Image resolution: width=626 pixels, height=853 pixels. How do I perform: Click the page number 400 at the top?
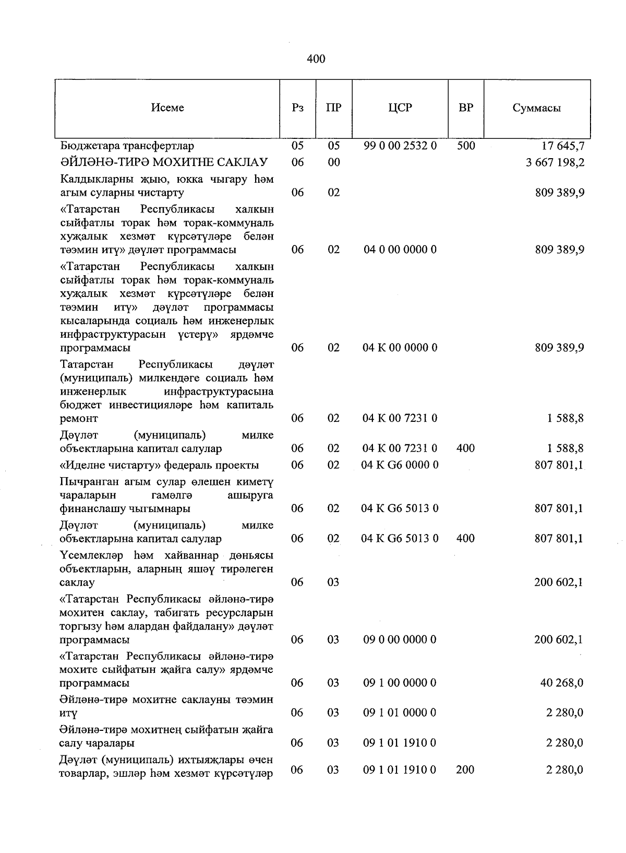[x=316, y=59]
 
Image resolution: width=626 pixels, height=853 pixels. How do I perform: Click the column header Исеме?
[x=167, y=108]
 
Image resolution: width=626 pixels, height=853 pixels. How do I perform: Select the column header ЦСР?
[x=400, y=108]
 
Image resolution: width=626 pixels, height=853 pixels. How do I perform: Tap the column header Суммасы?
[x=536, y=108]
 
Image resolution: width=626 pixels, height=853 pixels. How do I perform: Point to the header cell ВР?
[x=466, y=108]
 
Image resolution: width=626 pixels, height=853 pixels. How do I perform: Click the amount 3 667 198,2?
[x=555, y=162]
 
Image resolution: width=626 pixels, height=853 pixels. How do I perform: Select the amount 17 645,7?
[x=562, y=146]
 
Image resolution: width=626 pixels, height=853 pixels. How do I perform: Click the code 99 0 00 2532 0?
[x=400, y=146]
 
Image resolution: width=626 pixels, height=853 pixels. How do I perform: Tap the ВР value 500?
[x=466, y=146]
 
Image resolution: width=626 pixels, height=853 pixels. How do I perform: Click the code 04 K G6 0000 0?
[x=400, y=465]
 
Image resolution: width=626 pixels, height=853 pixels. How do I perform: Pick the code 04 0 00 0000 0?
[x=400, y=250]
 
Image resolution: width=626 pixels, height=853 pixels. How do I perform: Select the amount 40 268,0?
[x=562, y=683]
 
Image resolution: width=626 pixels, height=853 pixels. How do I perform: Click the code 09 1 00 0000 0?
[x=400, y=683]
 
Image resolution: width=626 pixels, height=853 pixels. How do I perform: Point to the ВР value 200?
[x=465, y=769]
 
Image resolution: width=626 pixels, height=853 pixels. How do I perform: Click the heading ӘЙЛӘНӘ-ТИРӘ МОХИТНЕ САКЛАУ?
[x=164, y=162]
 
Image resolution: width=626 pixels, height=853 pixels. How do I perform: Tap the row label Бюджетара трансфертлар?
[x=127, y=146]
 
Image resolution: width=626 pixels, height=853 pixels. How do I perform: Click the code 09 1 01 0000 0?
[x=400, y=713]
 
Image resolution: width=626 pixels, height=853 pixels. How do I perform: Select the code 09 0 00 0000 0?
[x=400, y=639]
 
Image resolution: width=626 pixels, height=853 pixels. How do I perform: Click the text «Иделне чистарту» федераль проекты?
[x=160, y=465]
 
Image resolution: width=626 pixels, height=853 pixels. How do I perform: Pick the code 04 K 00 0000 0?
[x=400, y=348]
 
